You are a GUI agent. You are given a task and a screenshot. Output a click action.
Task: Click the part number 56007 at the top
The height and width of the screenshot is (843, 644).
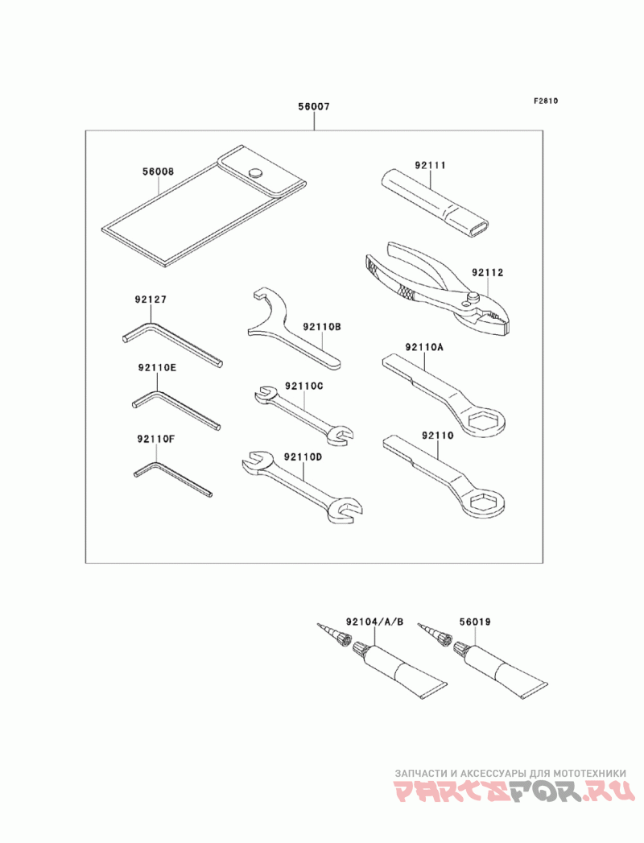314,106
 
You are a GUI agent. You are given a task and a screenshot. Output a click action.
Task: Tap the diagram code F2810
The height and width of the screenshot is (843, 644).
546,100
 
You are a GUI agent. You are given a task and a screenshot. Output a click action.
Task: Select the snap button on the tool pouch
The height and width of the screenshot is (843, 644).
255,172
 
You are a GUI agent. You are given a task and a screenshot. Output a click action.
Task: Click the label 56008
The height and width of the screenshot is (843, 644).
158,171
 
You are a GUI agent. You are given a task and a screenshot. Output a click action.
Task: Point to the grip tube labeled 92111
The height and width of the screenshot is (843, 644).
437,201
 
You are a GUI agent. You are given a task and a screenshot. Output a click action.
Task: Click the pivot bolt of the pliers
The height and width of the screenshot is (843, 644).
473,297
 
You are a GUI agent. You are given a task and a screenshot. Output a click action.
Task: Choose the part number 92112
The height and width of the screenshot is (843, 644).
488,273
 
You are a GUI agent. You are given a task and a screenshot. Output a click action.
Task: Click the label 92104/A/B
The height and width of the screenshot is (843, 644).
374,622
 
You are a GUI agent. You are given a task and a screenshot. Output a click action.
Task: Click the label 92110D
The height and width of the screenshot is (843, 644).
303,457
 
